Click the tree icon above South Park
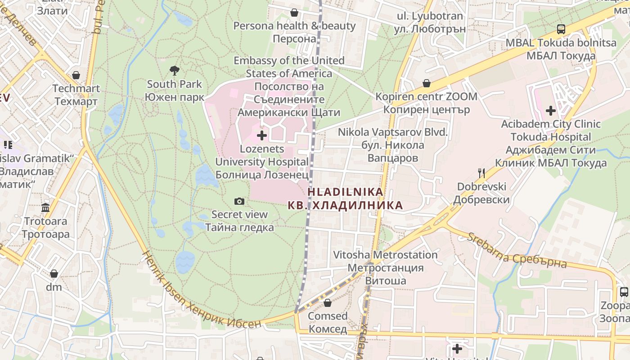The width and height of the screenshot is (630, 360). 175,70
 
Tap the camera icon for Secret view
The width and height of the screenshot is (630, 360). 239,201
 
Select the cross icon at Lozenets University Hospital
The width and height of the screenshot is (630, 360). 262,135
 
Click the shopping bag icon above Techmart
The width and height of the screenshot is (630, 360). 76,75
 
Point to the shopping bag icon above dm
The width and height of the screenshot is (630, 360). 54,274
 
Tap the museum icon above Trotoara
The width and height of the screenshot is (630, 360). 45,207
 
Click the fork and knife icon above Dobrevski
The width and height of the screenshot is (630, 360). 481,173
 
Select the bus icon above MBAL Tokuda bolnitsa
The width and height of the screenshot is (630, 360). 561,29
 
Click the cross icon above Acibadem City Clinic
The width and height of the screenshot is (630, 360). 551,110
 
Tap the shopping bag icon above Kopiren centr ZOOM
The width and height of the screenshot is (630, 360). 426,83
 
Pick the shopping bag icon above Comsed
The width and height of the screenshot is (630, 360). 328,303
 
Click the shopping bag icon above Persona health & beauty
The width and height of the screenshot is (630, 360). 294,13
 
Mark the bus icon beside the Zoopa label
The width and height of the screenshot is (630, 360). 624,292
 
